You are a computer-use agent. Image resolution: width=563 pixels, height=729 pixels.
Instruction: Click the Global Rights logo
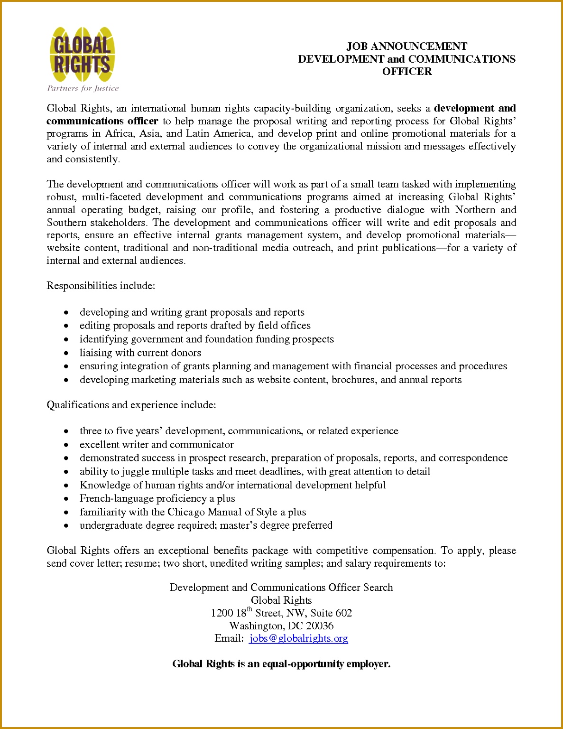[x=82, y=55]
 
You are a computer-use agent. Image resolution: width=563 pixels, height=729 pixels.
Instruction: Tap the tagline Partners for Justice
[x=83, y=88]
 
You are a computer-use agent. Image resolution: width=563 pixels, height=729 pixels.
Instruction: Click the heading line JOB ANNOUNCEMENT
[x=406, y=46]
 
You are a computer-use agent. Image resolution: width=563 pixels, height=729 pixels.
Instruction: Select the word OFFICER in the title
[x=407, y=72]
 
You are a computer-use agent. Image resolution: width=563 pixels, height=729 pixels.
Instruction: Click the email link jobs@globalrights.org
[x=298, y=638]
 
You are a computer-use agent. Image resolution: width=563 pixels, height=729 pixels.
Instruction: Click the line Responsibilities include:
[x=101, y=286]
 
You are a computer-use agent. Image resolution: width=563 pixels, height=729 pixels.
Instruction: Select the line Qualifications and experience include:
[x=131, y=405]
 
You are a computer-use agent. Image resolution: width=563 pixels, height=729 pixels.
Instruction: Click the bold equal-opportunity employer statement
[x=281, y=664]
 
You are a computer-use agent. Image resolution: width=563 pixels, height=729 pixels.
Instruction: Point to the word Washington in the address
[x=256, y=626]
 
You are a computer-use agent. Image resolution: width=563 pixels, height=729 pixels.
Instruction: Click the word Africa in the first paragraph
[x=120, y=133]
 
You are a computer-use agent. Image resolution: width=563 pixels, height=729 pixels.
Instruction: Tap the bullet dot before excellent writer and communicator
[x=67, y=445]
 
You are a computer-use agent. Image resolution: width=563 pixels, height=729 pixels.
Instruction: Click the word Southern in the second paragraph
[x=66, y=223]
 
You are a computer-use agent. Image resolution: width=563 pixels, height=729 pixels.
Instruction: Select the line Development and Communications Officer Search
[x=281, y=588]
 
